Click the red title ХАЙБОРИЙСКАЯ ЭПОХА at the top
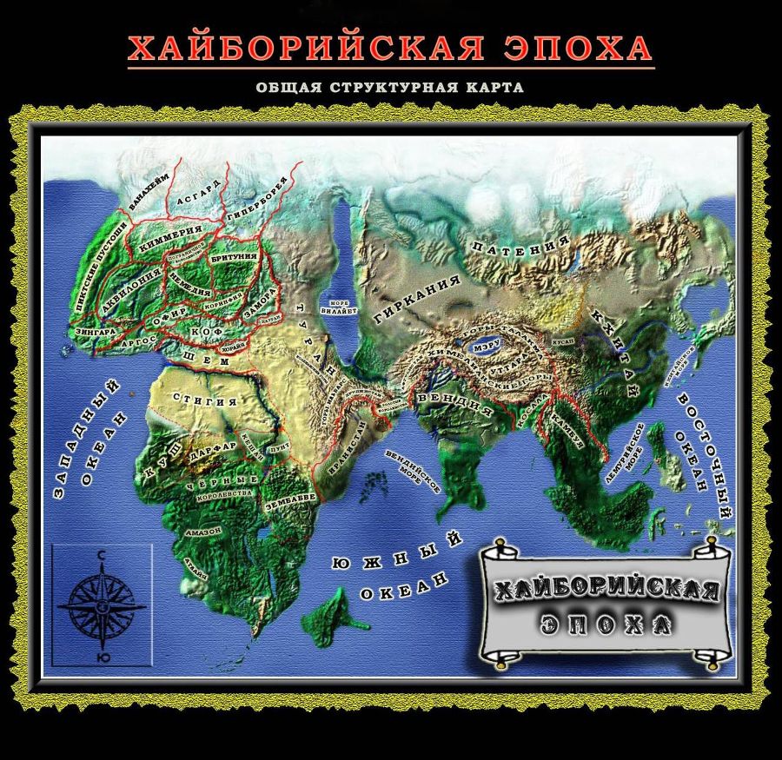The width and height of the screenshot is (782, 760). (389, 48)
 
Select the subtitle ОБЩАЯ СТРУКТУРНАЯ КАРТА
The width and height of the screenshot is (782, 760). (389, 88)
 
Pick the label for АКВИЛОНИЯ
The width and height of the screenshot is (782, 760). (133, 289)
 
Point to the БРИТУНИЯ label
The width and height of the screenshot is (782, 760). (234, 258)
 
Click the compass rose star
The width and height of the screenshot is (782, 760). (102, 600)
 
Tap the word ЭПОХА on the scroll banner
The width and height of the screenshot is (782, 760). (606, 624)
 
